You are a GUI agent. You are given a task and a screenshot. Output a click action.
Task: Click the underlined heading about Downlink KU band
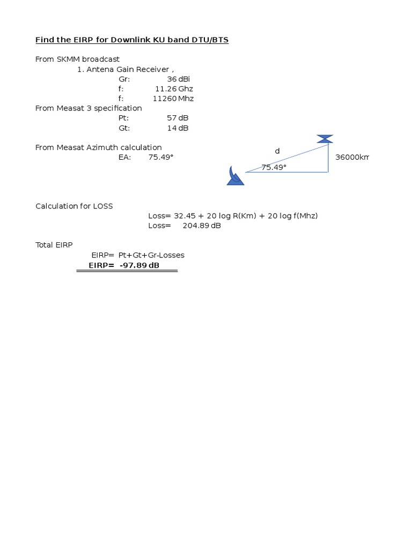pyautogui.click(x=132, y=40)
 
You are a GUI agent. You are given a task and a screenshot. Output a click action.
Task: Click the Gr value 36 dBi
pyautogui.click(x=179, y=79)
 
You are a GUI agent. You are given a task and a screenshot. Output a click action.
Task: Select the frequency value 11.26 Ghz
pyautogui.click(x=174, y=88)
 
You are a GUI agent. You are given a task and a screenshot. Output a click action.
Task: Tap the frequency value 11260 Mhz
pyautogui.click(x=173, y=99)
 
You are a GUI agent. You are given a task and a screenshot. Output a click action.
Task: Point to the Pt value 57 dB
pyautogui.click(x=178, y=118)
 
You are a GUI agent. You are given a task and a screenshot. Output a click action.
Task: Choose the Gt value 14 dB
pyautogui.click(x=178, y=128)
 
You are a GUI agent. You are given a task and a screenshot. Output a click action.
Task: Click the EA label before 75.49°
pyautogui.click(x=124, y=157)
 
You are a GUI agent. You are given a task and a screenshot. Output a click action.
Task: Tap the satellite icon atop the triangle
pyautogui.click(x=325, y=139)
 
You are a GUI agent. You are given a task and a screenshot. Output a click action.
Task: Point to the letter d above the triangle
pyautogui.click(x=277, y=151)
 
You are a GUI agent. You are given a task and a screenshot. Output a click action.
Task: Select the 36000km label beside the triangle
pyautogui.click(x=352, y=157)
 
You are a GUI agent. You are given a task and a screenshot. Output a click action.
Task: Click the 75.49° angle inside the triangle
pyautogui.click(x=274, y=167)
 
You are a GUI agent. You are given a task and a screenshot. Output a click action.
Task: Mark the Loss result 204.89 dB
pyautogui.click(x=202, y=226)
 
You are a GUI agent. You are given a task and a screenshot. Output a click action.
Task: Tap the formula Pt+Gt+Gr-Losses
pyautogui.click(x=151, y=255)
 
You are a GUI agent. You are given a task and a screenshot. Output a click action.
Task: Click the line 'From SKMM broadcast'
pyautogui.click(x=77, y=59)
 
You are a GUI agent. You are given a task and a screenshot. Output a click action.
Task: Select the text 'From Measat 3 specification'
pyautogui.click(x=89, y=108)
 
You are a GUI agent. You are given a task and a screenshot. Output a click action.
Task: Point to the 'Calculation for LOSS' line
pyautogui.click(x=74, y=206)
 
